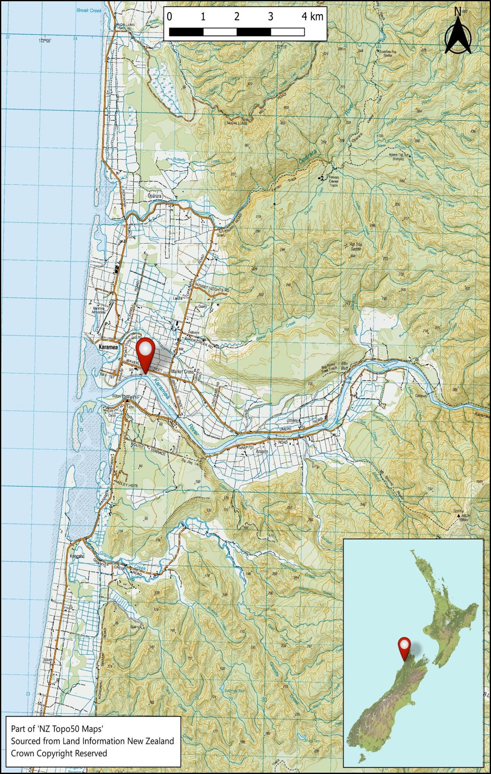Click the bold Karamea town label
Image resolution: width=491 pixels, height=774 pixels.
(108, 347)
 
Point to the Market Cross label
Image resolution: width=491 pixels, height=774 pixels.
(183, 372)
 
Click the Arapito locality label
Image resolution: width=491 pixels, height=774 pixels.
(262, 452)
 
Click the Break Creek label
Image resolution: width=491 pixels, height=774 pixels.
(89, 11)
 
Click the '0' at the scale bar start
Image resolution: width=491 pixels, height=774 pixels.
(169, 17)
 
